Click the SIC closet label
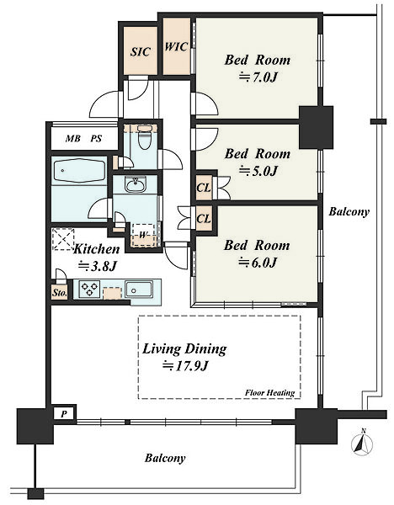(x=140, y=52)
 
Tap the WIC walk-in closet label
(x=176, y=47)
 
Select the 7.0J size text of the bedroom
(x=258, y=77)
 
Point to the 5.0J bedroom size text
(x=258, y=171)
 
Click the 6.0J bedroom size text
(x=258, y=263)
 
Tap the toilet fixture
(x=144, y=137)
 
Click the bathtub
(x=80, y=171)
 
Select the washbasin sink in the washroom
(x=136, y=184)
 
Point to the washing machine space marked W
(x=143, y=235)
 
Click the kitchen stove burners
(x=89, y=289)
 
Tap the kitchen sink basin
(x=139, y=290)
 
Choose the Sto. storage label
(x=59, y=293)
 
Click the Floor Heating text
(x=270, y=393)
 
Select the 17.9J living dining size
(x=185, y=366)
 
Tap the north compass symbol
(x=362, y=444)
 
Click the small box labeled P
(x=64, y=414)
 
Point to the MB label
(x=72, y=139)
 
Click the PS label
(x=96, y=139)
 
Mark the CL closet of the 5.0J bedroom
(x=204, y=188)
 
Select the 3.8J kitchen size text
(x=98, y=266)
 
